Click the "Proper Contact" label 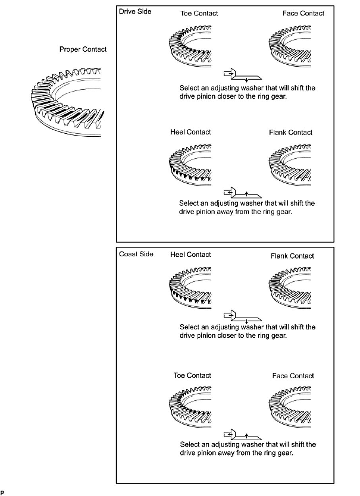pos(83,50)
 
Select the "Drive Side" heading pos(135,12)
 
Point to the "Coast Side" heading pos(136,254)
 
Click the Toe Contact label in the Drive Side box pos(199,13)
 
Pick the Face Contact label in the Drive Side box pos(303,13)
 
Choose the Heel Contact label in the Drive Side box pos(191,132)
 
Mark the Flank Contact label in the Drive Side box pos(291,132)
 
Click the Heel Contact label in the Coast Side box pos(191,254)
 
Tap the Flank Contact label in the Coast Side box pos(292,256)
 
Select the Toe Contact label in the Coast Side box pos(192,375)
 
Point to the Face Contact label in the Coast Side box pos(293,376)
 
